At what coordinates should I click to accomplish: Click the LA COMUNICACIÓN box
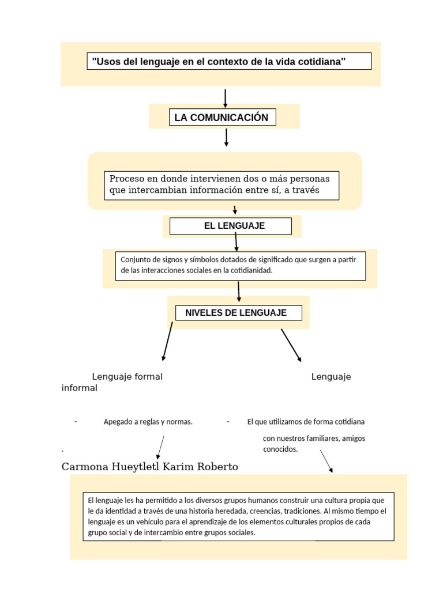221,118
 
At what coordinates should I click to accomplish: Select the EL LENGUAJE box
231,226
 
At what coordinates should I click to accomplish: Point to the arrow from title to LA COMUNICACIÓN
225,98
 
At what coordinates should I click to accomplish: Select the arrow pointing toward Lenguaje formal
167,342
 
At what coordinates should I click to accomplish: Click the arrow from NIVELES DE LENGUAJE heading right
291,345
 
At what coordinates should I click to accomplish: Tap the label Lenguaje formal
127,377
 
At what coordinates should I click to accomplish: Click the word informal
79,388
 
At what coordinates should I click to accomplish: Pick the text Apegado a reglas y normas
148,422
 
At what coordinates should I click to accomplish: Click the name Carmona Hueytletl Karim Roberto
149,467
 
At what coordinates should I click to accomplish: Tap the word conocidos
280,449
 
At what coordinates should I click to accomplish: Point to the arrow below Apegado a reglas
161,447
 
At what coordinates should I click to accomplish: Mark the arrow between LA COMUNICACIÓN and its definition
226,137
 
